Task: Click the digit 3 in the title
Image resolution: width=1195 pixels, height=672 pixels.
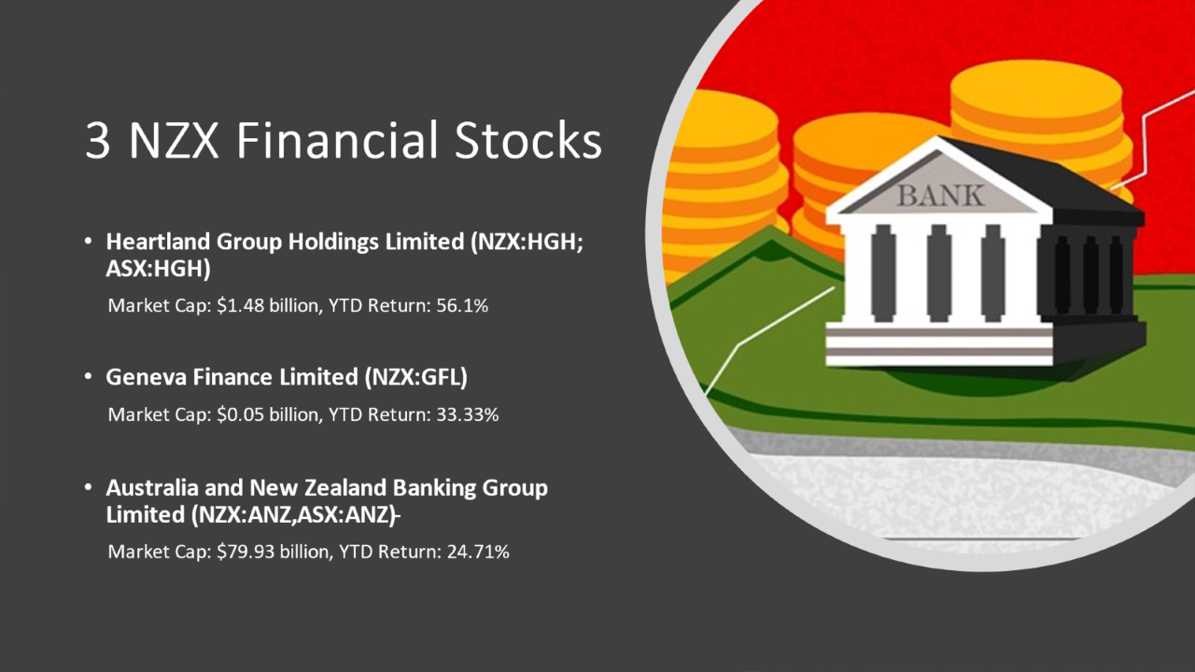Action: [98, 140]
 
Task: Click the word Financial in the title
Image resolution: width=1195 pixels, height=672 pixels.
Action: [337, 139]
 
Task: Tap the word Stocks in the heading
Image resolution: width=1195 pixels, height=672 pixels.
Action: [527, 139]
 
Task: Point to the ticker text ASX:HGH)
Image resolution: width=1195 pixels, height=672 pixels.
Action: [158, 269]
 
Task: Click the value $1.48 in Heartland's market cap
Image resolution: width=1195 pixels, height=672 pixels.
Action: [240, 305]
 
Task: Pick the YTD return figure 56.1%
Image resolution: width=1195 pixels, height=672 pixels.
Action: [462, 305]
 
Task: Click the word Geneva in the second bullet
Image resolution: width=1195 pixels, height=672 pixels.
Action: [146, 377]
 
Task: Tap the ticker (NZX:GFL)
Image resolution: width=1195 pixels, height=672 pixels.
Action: [416, 377]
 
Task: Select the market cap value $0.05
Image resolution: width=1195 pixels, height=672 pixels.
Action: [240, 414]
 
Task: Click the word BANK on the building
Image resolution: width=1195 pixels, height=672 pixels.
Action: [940, 196]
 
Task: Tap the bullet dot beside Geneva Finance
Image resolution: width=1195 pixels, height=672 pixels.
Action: [88, 377]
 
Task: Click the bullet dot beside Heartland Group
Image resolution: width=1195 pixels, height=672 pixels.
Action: [88, 242]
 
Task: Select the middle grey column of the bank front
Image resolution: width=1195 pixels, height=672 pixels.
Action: [939, 273]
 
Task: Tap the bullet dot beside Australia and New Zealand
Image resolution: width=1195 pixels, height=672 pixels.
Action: [88, 488]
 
